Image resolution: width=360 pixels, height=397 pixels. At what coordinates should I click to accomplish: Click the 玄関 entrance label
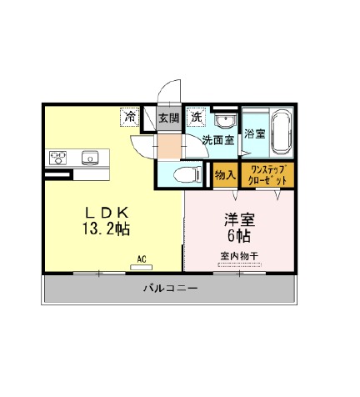coord(168,118)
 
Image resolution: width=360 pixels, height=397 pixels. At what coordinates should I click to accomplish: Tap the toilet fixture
coord(187,174)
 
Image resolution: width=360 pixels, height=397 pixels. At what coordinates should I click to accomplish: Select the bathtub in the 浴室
coord(281,132)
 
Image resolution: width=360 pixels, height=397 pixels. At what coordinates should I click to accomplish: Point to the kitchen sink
coord(90,158)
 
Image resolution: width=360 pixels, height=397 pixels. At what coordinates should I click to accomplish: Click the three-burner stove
coord(57,158)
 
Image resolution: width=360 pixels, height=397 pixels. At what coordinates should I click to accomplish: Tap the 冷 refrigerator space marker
coord(129,117)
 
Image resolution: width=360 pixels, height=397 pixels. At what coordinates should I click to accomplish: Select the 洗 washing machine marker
coord(196,117)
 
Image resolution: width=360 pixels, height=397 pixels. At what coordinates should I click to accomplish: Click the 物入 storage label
coord(225,175)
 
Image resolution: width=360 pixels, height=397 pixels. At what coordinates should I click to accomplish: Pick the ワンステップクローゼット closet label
coord(267,175)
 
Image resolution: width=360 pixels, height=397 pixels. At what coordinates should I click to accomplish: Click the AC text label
coord(142,259)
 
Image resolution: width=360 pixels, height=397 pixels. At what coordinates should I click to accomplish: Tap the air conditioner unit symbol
coord(142,267)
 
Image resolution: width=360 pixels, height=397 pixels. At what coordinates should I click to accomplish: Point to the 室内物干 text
coord(239,256)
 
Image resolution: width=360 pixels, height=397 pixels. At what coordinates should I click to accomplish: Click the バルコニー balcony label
coord(171,288)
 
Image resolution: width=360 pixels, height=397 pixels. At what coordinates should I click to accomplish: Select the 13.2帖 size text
coord(106,229)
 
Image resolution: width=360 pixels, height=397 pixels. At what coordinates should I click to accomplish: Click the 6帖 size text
coord(239,236)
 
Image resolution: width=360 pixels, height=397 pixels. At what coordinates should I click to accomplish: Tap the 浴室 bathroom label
coord(255,133)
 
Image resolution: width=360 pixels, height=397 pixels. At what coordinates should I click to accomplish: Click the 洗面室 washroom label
coord(218,140)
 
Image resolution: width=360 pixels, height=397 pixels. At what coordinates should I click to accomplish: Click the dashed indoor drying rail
coord(239,264)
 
